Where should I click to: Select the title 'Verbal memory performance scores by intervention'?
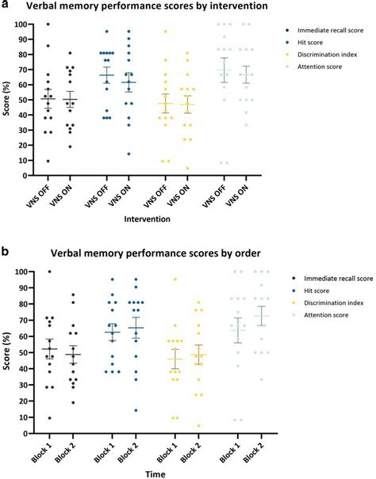click(x=161, y=8)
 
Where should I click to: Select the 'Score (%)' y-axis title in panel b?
click(x=8, y=348)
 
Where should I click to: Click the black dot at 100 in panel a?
click(x=47, y=24)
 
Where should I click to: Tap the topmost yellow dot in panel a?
click(x=166, y=32)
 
